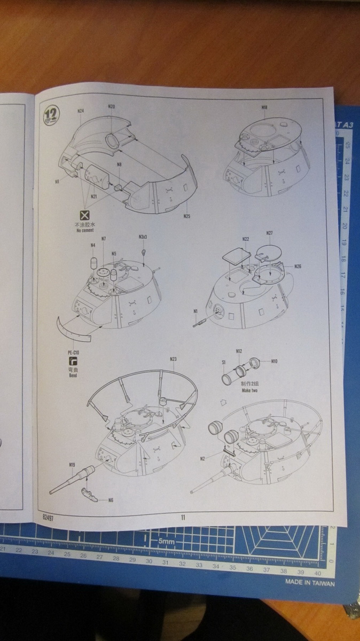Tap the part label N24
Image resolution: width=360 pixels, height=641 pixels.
81,111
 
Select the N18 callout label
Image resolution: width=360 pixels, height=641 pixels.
264,107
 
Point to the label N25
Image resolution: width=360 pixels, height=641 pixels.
186,216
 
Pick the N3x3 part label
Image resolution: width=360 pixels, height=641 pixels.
143,236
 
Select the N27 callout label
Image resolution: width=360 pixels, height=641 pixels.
269,233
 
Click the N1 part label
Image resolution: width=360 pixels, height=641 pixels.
195,311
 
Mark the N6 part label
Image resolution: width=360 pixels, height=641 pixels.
111,501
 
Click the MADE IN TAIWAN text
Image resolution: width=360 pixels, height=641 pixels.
309,583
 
